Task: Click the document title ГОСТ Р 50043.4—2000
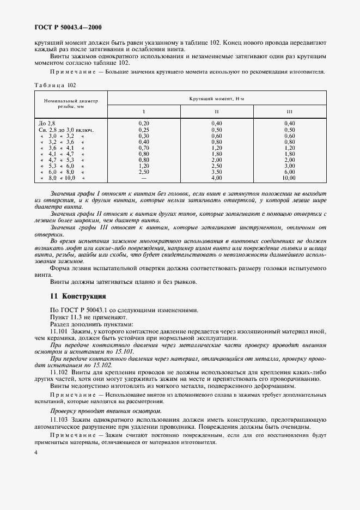[x=68, y=27]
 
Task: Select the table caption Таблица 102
[x=55, y=84]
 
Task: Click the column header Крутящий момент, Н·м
[x=217, y=98]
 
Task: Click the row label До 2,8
[x=47, y=124]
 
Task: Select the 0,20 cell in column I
[x=144, y=124]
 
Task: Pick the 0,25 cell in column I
[x=144, y=130]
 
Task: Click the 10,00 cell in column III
[x=289, y=178]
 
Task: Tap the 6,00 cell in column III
[x=289, y=172]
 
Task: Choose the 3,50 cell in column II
[x=216, y=172]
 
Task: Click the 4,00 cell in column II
[x=216, y=178]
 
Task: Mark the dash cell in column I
[x=144, y=178]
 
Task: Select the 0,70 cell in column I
[x=144, y=148]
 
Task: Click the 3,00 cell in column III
[x=289, y=166]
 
